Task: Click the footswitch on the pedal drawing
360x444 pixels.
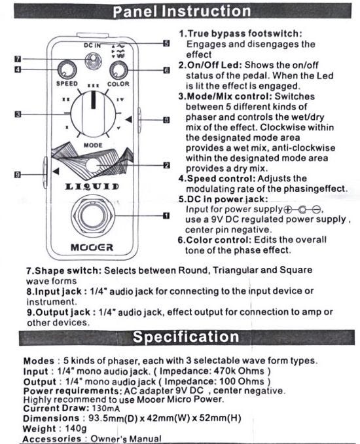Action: (93, 215)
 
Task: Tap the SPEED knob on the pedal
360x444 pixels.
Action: (67, 69)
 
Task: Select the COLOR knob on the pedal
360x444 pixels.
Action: (118, 70)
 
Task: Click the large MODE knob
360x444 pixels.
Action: (93, 114)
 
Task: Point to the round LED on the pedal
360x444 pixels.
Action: (92, 166)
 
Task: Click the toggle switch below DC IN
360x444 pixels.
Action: (93, 61)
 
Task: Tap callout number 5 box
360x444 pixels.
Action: (167, 43)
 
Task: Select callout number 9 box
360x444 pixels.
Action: (18, 175)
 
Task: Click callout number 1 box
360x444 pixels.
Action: (167, 215)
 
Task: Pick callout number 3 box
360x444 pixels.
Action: (18, 115)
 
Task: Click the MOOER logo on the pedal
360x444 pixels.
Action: (92, 248)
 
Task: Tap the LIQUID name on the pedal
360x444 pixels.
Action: (92, 187)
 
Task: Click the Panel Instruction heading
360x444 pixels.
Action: (182, 11)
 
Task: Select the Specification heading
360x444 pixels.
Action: (187, 337)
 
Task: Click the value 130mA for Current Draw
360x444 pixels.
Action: (105, 409)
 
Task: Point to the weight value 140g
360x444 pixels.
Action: (76, 428)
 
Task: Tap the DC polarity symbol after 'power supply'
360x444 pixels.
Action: (302, 210)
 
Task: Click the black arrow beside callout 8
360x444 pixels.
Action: (129, 119)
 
